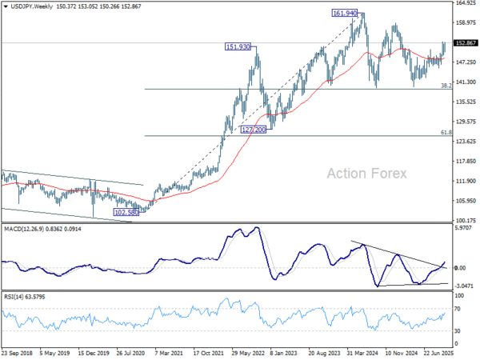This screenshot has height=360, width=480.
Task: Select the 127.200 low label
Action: tap(250, 129)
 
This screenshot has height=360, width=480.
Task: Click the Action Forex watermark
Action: tap(366, 173)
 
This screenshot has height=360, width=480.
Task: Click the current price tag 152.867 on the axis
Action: tap(465, 42)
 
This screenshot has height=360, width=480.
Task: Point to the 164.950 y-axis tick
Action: tap(465, 3)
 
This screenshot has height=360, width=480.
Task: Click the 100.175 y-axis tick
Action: tap(465, 221)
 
